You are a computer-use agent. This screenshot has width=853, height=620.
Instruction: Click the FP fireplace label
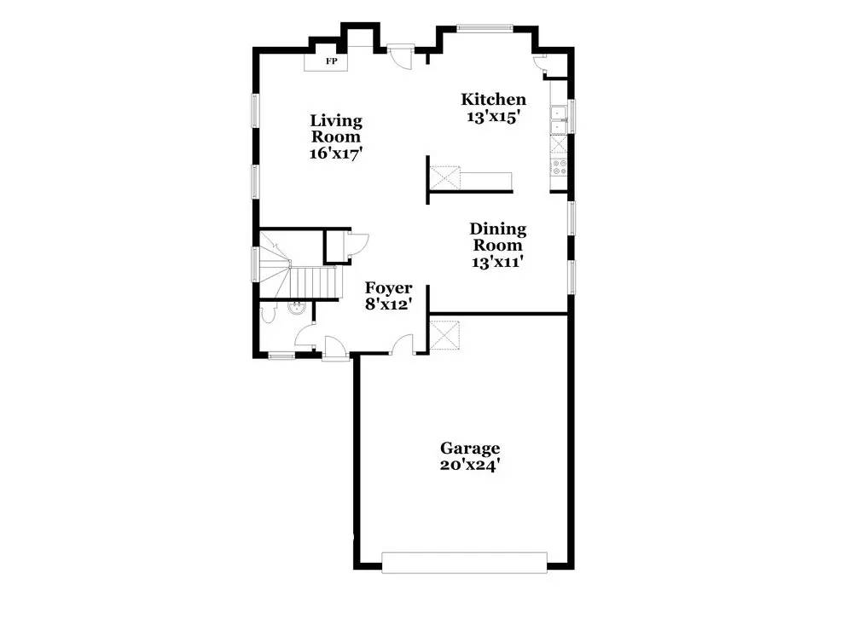[x=330, y=62]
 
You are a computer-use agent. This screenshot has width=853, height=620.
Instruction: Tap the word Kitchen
[x=493, y=100]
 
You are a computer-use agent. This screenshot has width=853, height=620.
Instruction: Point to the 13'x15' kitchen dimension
[x=493, y=119]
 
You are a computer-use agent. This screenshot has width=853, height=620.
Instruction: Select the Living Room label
[x=335, y=129]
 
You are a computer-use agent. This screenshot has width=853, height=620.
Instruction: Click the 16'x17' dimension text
[x=336, y=154]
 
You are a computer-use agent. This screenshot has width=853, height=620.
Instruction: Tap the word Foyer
[x=389, y=288]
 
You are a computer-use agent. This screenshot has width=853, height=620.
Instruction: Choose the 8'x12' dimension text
[x=389, y=304]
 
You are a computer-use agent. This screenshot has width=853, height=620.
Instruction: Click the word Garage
[x=470, y=448]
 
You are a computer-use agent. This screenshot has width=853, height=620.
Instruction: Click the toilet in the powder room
[x=267, y=315]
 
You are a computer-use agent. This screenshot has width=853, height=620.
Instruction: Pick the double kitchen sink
[x=559, y=119]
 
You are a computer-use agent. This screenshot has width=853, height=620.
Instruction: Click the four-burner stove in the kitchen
[x=560, y=167]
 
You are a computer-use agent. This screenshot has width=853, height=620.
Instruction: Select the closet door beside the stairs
[x=357, y=244]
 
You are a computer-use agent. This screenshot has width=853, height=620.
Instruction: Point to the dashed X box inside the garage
[x=444, y=334]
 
